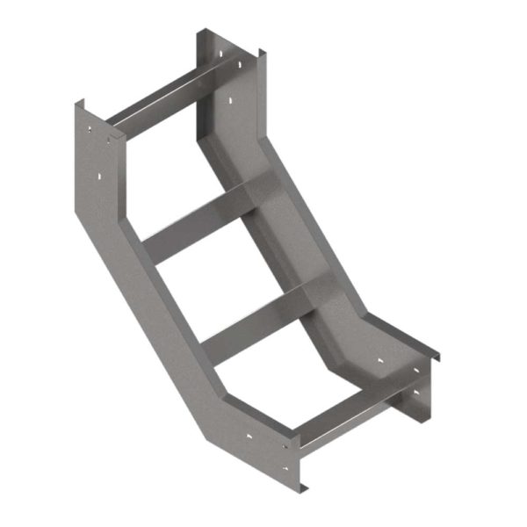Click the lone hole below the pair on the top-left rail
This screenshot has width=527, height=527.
coord(101,179)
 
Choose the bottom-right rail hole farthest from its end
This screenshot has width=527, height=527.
coord(380,360)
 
